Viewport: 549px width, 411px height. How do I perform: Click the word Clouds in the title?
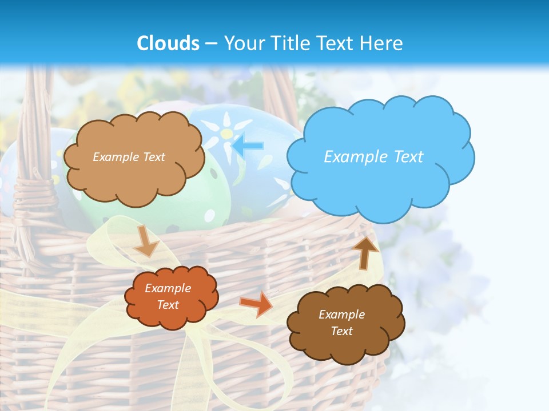(x=168, y=43)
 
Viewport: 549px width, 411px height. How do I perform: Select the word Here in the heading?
(x=381, y=43)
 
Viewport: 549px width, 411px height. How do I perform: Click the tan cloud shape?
(x=134, y=177)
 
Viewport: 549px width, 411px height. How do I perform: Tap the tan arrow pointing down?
(x=146, y=241)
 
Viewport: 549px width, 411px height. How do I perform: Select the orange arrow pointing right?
(x=256, y=303)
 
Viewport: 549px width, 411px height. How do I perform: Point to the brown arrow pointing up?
(x=365, y=252)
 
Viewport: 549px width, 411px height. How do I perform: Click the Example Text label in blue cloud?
(x=373, y=156)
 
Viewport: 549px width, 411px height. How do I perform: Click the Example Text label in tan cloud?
(x=129, y=156)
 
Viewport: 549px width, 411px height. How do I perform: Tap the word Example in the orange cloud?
(x=168, y=288)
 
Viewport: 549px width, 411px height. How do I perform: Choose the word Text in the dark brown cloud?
(x=341, y=331)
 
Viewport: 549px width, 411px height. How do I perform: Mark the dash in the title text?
(x=211, y=44)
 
